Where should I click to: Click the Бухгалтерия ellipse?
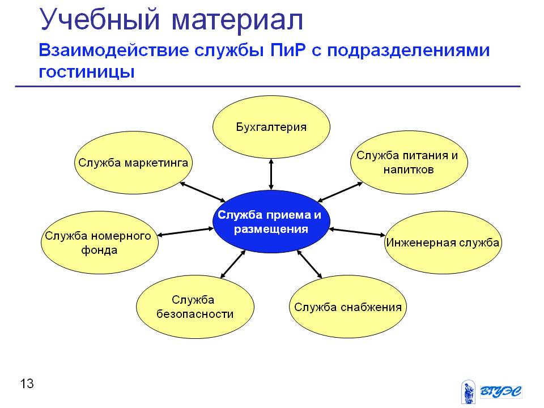tap(271, 127)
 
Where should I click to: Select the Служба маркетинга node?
tap(133, 163)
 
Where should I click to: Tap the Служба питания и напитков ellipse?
tap(409, 163)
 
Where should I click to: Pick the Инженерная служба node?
tap(443, 242)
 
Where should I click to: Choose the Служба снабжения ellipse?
tap(347, 307)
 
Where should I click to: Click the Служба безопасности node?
tap(195, 307)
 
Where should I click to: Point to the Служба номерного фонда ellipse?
tap(100, 243)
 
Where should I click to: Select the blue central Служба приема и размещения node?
tap(271, 222)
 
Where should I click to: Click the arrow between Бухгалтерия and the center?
tap(271, 175)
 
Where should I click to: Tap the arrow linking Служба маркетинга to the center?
tap(203, 192)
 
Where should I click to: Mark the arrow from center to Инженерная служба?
tap(357, 232)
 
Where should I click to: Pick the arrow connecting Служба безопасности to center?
tap(233, 264)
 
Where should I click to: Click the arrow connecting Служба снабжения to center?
tap(309, 264)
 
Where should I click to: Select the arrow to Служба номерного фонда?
tap(185, 232)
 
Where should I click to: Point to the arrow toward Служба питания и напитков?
tap(340, 192)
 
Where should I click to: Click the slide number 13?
tap(27, 384)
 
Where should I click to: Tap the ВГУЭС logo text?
tap(500, 392)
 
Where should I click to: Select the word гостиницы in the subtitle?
tap(87, 73)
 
